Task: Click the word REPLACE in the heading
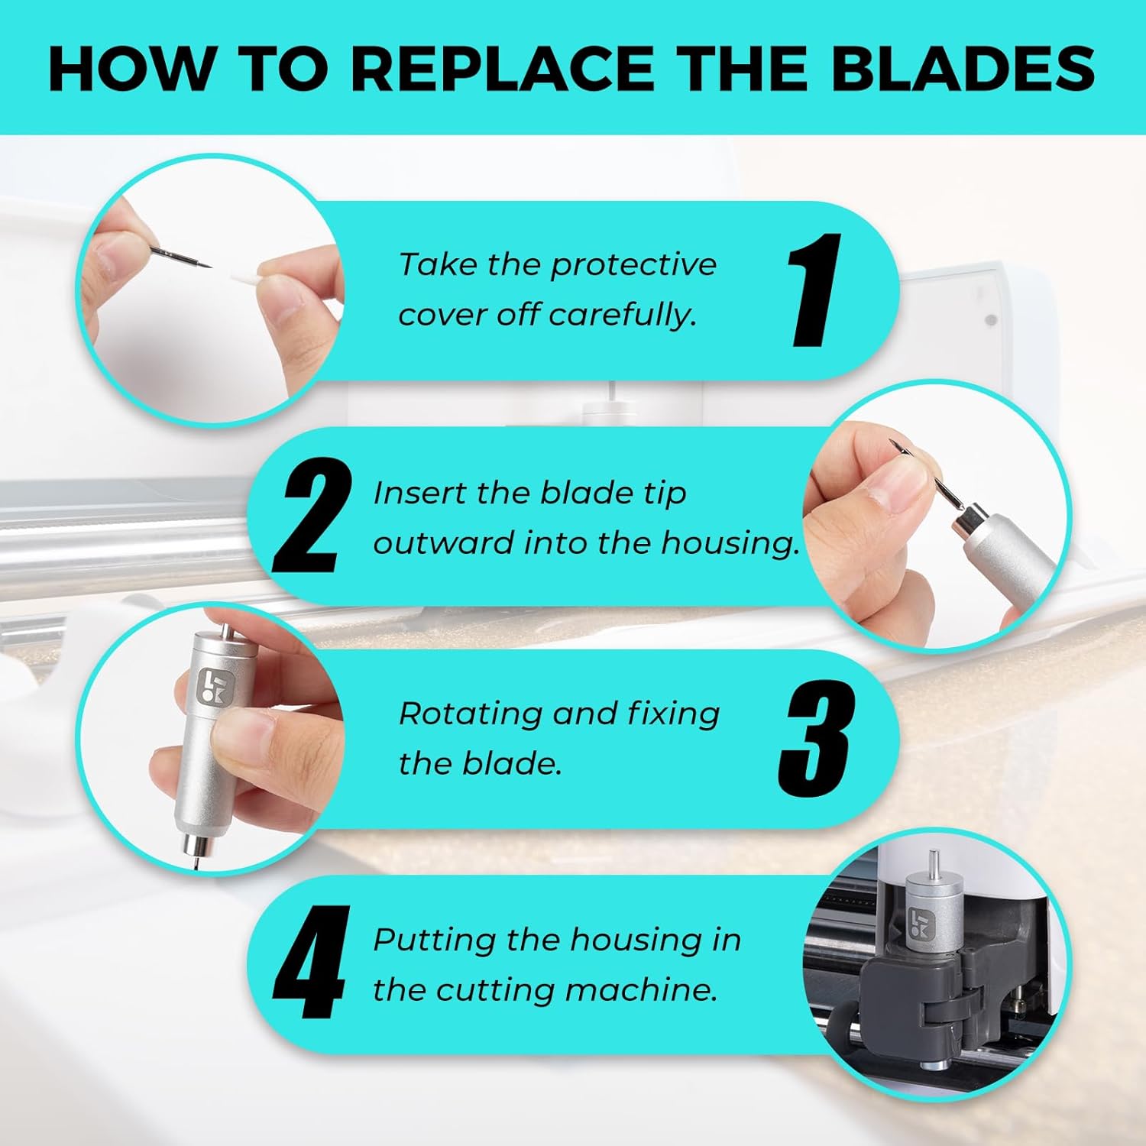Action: point(502,69)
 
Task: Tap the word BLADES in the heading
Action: point(963,69)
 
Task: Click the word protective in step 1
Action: point(633,265)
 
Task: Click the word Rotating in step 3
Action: point(470,714)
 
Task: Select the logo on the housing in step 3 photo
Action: point(212,686)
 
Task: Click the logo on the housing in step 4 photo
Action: point(919,925)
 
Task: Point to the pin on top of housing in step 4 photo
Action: point(933,866)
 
